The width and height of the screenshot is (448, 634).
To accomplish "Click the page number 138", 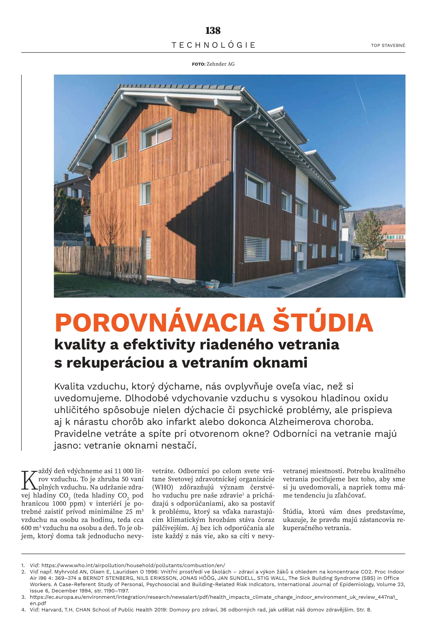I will [x=213, y=30].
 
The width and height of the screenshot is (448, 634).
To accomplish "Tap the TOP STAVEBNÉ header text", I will [x=388, y=46].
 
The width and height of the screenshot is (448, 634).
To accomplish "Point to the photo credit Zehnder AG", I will [x=220, y=64].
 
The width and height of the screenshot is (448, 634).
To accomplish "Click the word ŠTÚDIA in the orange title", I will [x=323, y=323].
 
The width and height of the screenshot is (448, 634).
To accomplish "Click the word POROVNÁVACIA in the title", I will [x=160, y=323].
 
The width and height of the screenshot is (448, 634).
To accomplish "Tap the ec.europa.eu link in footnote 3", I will [x=214, y=597].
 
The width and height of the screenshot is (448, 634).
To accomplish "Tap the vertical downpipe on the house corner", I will [x=234, y=204].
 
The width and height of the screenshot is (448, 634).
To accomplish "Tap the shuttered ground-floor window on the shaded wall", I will [x=256, y=248].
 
